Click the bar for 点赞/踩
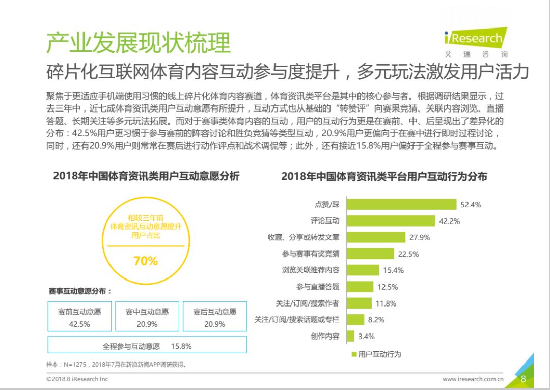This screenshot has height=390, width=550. coord(402,204)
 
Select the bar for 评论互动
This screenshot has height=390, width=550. coord(391,220)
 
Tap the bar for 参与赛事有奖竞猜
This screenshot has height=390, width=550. coord(370,254)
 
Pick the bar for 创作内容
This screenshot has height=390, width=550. coord(350,336)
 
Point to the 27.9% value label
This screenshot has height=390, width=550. coord(420,237)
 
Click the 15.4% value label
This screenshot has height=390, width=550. coord(393,270)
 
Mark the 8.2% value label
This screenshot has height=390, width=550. coord(376,320)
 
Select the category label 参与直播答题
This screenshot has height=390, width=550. coord(318,287)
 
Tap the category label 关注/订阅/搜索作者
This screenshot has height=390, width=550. coord(307,303)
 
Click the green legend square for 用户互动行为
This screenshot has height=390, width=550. coord(354,354)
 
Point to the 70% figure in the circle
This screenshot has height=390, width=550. coord(146,261)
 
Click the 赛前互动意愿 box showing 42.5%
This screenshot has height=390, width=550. coord(79,316)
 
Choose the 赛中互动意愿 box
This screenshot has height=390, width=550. coord(147,316)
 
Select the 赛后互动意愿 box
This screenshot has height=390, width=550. coord(215,316)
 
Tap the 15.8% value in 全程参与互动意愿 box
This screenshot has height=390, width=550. coord(181,346)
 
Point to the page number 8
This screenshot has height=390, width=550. coord(524,379)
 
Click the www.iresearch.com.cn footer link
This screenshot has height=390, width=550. coord(473,379)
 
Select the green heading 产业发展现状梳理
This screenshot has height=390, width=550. coord(138,42)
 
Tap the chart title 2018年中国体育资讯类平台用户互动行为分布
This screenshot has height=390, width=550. coord(384,176)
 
